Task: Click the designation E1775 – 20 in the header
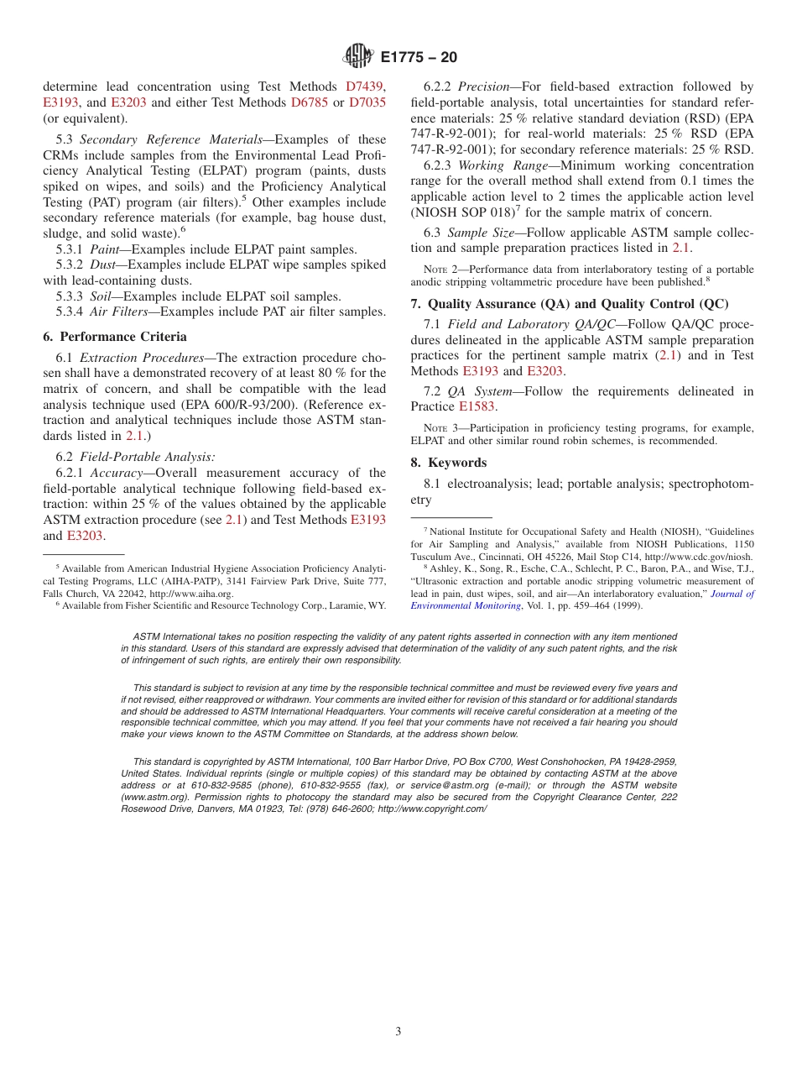tap(419, 58)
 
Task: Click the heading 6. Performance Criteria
tap(115, 337)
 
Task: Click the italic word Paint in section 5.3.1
tap(104, 249)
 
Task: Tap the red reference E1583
tap(477, 407)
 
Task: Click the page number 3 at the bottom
tap(398, 1032)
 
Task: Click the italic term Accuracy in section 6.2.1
tap(116, 473)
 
